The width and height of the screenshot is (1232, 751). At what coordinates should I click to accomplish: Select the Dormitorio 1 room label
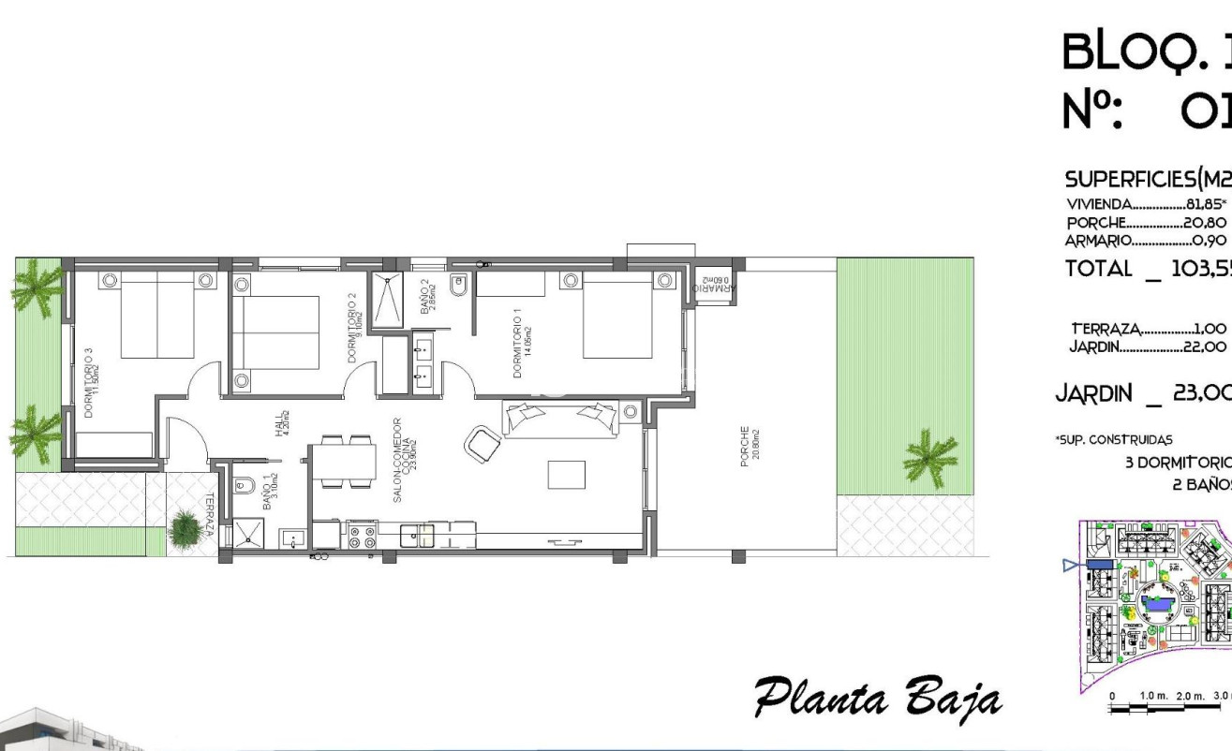click(x=521, y=343)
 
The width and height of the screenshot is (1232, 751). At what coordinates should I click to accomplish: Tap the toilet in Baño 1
click(x=244, y=485)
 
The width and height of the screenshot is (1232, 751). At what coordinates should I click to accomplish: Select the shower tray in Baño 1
click(x=248, y=534)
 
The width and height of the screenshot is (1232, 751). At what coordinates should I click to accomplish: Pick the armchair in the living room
click(x=483, y=443)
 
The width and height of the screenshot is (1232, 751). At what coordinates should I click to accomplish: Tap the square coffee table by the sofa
click(x=566, y=474)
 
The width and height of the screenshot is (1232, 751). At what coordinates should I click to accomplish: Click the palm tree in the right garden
click(x=930, y=459)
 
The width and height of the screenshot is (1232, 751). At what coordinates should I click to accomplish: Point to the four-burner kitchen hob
click(x=363, y=536)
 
